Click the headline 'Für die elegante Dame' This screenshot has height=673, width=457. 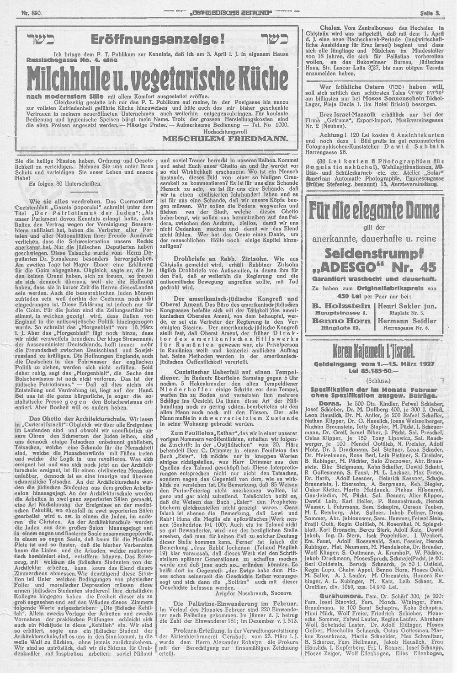pos(374,213)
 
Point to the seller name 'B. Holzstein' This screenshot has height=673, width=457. pos(340,305)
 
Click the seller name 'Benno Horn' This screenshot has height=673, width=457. pos(340,321)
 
